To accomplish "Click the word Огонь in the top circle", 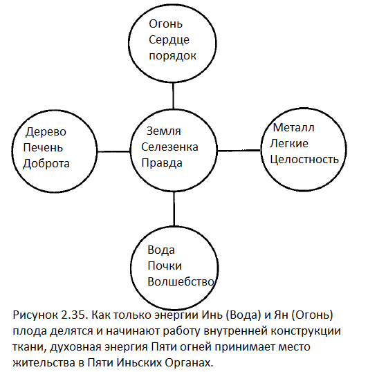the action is [165, 24].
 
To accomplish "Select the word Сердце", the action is [169, 40].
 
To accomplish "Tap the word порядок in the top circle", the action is [172, 56].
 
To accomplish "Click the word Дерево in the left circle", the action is [46, 132].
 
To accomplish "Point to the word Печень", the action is [43, 148].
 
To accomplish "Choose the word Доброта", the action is [46, 163].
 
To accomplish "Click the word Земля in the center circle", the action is [164, 131].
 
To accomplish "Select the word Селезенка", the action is [169, 147].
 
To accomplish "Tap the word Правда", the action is [162, 163].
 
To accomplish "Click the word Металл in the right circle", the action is [294, 128].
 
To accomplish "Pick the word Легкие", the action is [289, 144].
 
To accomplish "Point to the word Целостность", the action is [304, 160].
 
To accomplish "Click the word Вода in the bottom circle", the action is [161, 250].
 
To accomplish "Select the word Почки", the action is [165, 266].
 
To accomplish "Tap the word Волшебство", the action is [181, 282].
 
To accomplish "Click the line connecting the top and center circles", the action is [173, 95].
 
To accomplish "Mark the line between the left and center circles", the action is [113, 151].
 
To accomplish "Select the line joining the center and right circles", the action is [239, 151].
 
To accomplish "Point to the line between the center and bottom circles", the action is [174, 209].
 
